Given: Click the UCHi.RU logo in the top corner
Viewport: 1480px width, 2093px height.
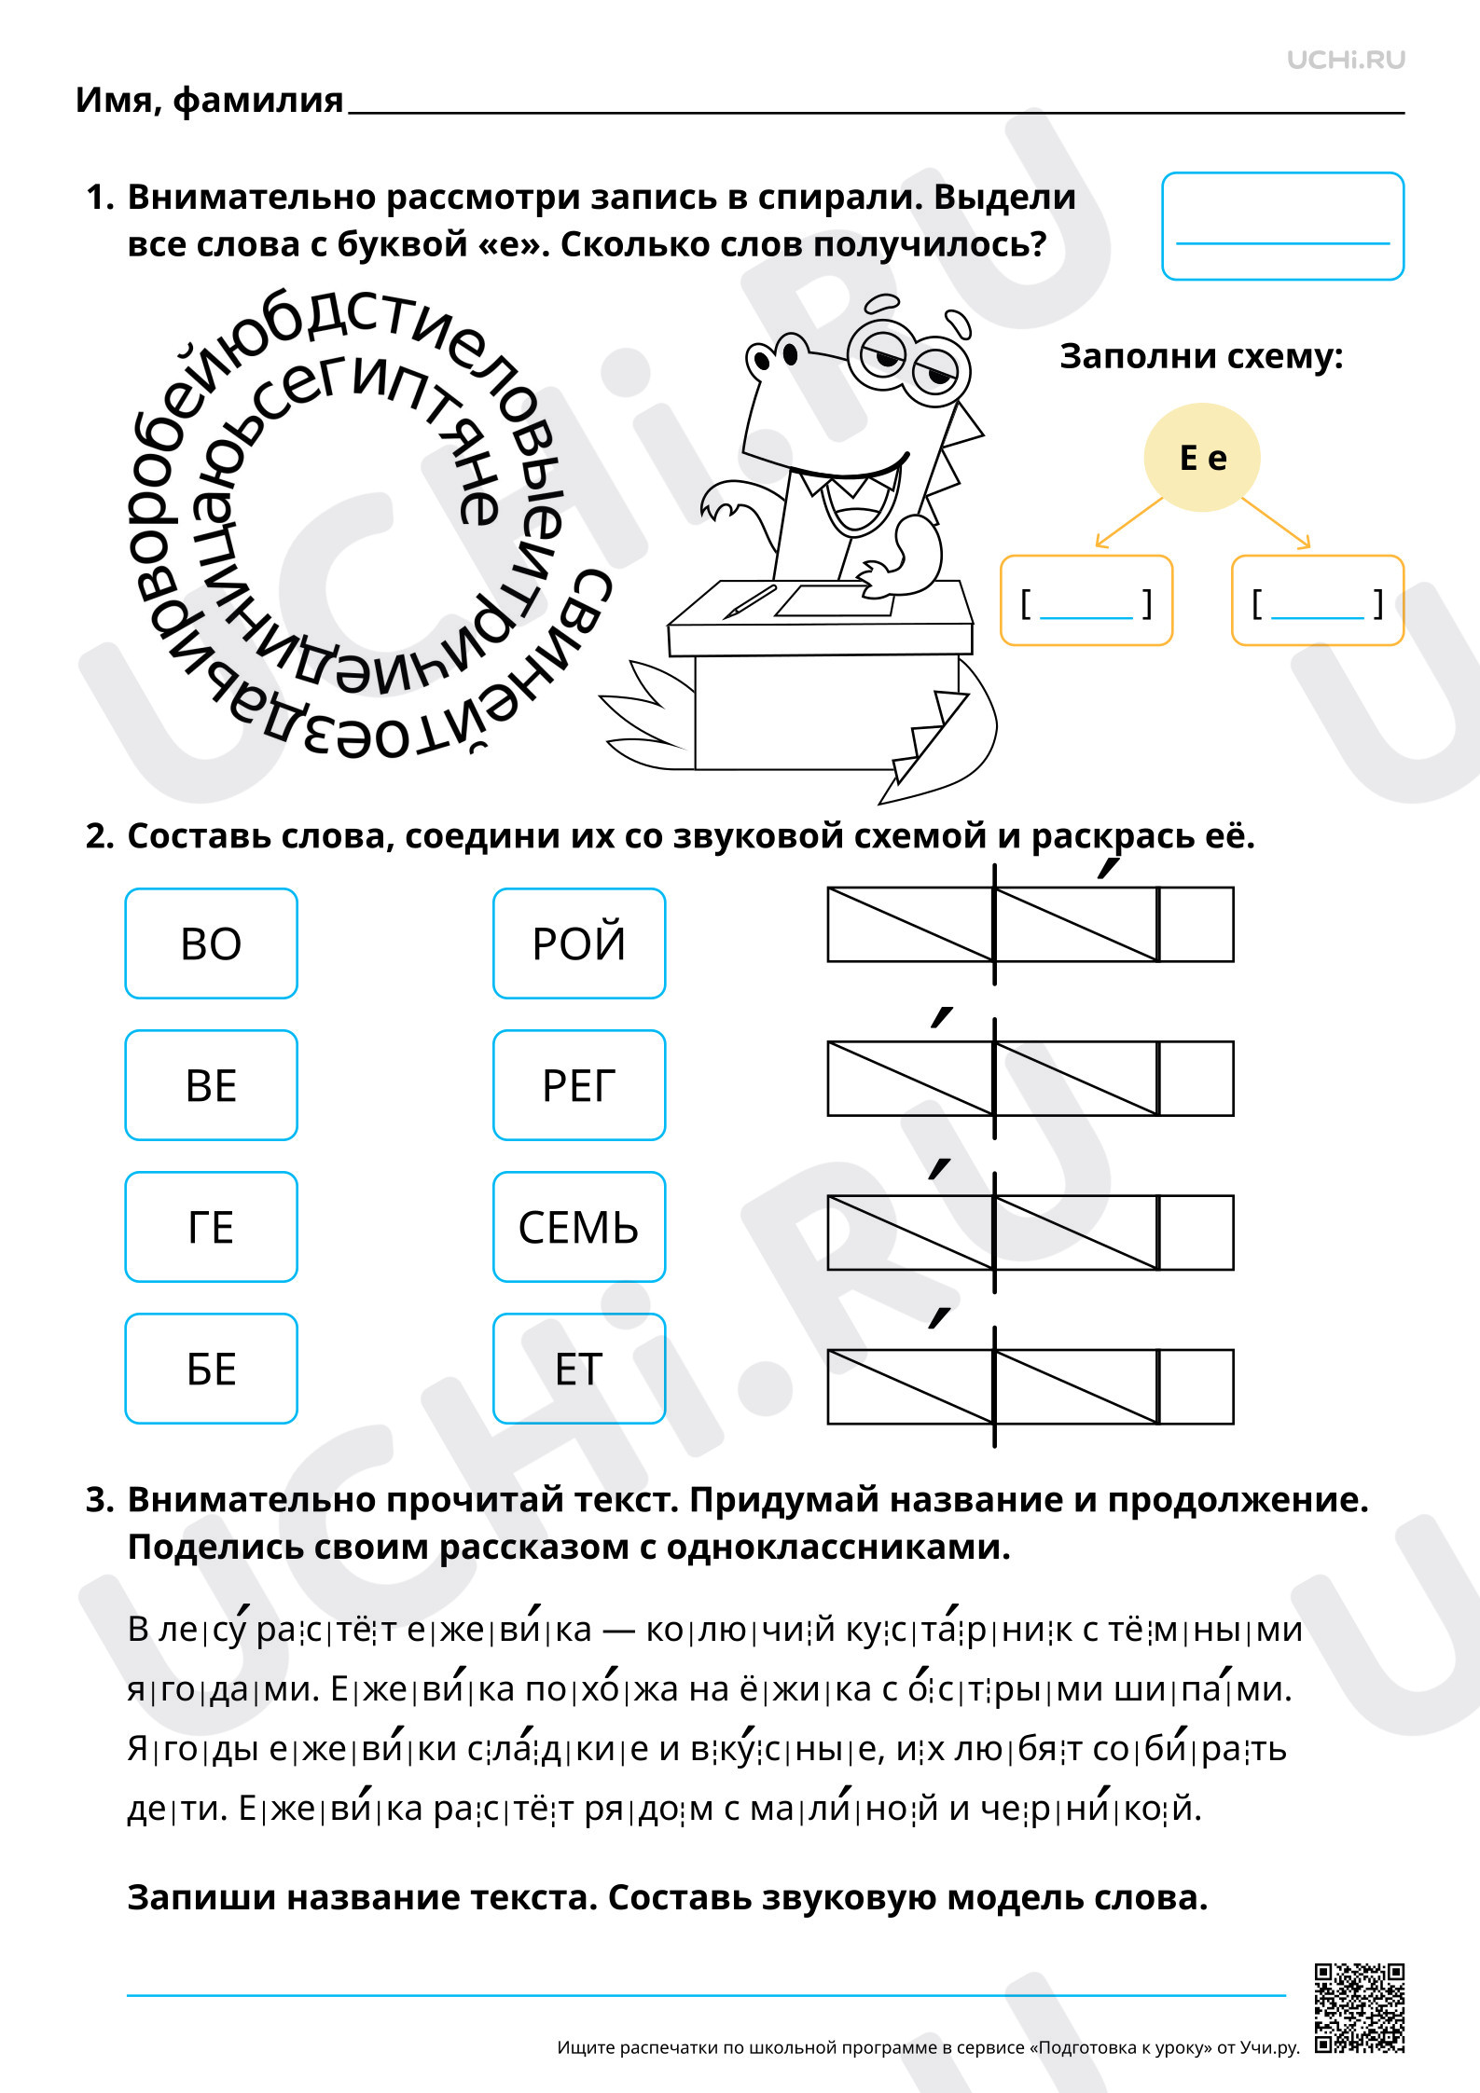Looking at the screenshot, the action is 1346,60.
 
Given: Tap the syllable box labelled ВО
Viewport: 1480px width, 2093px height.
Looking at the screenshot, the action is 212,943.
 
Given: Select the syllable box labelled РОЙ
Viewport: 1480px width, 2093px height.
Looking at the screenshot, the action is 579,943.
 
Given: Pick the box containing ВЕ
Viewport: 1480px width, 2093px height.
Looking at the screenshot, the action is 212,1084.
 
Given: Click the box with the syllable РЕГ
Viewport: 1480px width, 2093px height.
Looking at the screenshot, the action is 579,1084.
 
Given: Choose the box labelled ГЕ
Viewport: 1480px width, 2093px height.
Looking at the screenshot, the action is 212,1226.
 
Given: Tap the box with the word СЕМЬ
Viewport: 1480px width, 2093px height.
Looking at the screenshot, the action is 579,1226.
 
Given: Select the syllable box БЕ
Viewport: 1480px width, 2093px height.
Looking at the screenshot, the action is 212,1368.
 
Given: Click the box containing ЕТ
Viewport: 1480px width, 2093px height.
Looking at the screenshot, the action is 579,1368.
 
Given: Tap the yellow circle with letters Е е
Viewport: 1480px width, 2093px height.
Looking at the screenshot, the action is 1202,457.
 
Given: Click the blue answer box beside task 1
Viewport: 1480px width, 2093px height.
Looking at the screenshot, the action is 1283,226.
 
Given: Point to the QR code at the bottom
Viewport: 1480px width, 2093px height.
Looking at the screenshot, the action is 1360,2009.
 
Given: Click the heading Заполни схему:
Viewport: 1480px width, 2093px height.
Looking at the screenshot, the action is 1201,356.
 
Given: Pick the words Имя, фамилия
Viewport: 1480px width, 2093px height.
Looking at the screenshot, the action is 210,100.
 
